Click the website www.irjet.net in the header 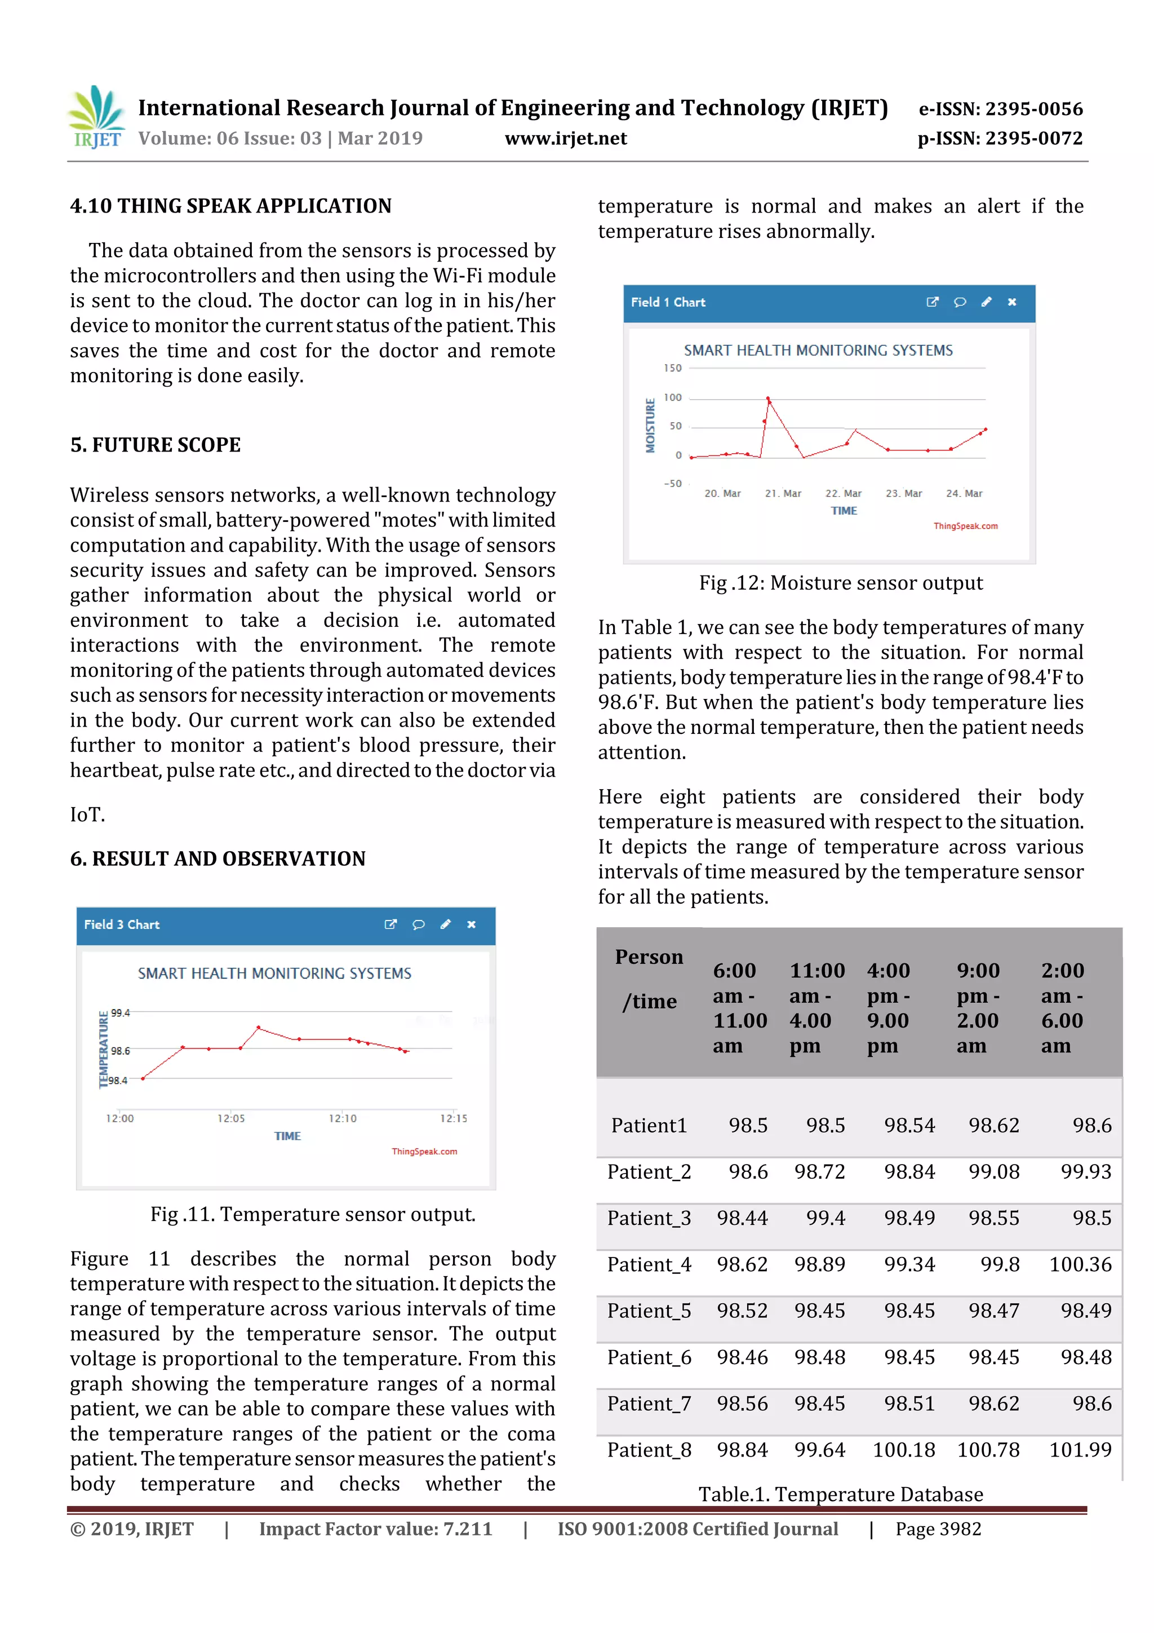(x=565, y=138)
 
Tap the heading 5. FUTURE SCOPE (x=155, y=445)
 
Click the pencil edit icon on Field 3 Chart (x=445, y=924)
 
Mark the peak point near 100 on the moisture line (x=768, y=399)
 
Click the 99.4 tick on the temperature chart (x=120, y=1013)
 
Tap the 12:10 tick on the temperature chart (x=342, y=1118)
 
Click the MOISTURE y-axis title (x=650, y=426)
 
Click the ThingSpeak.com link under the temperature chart (x=424, y=1152)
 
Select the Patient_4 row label (x=649, y=1264)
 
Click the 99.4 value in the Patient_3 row (x=825, y=1218)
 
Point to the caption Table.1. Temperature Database (x=841, y=1494)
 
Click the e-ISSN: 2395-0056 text (x=1000, y=109)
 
